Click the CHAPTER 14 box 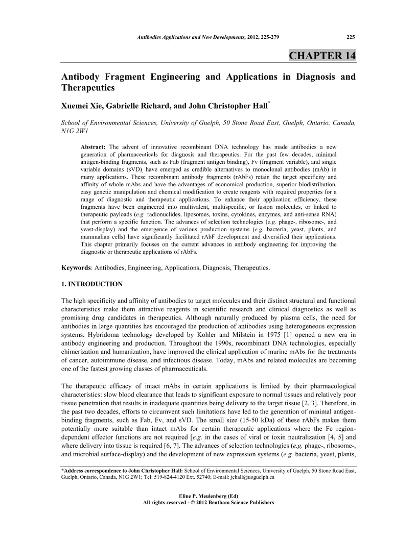tap(322, 55)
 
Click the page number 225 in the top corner tap(351, 36)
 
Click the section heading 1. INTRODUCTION tap(92, 283)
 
